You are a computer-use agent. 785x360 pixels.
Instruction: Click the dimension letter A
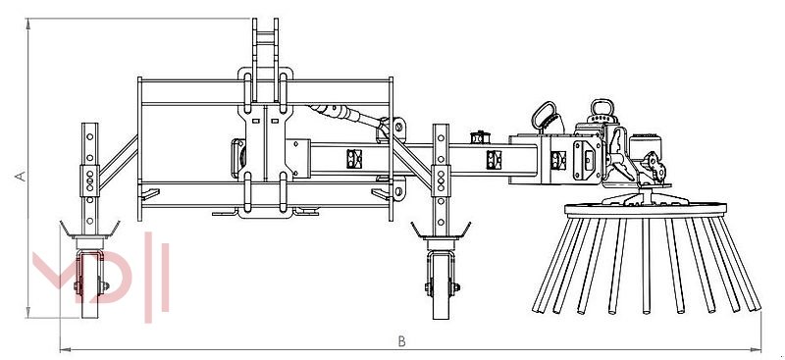pyautogui.click(x=21, y=176)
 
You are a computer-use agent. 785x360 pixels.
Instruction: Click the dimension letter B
pyautogui.click(x=401, y=341)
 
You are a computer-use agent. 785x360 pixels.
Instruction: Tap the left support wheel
pyautogui.click(x=90, y=284)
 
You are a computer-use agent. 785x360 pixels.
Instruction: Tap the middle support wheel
pyautogui.click(x=441, y=286)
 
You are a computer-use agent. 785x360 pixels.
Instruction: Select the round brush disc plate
pyautogui.click(x=646, y=209)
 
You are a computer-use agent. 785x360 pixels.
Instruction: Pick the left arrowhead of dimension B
pyautogui.click(x=64, y=349)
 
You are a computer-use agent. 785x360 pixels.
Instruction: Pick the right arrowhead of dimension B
pyautogui.click(x=757, y=349)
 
